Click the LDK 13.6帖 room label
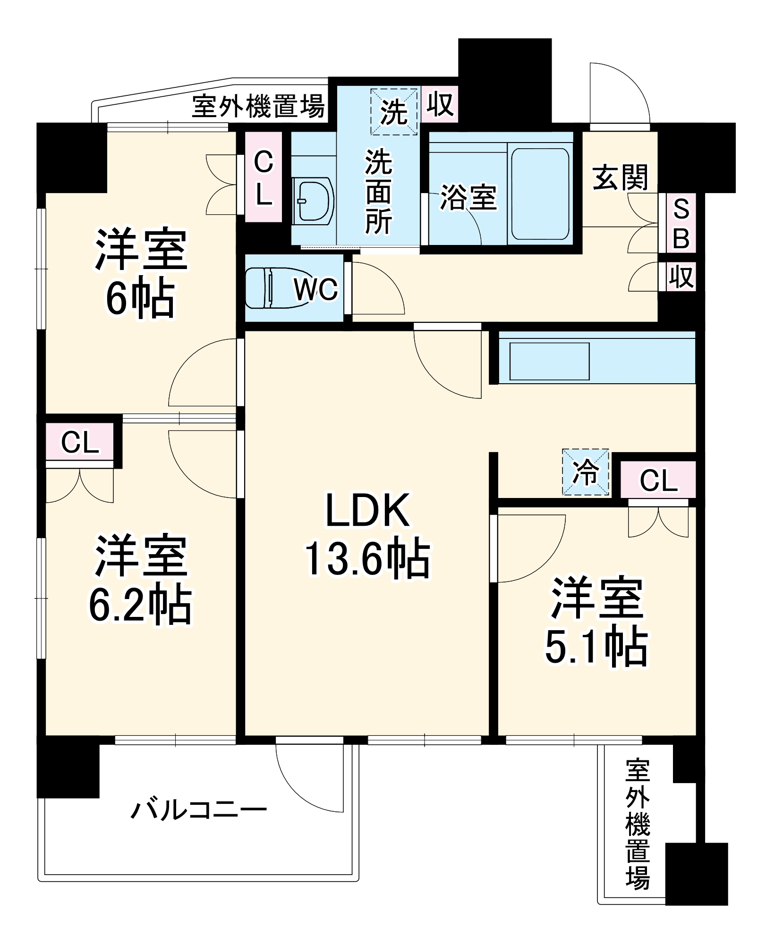coord(367,535)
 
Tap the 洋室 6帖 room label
coord(141,273)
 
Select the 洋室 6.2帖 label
coord(141,580)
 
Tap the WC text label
coord(315,289)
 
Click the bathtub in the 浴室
coord(540,194)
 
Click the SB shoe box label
coord(681,223)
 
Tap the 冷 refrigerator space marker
coord(586,472)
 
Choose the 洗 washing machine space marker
coord(394,111)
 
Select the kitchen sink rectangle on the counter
coord(549,361)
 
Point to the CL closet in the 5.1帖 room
coord(658,480)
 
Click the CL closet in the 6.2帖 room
coord(80,442)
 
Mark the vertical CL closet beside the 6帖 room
coord(263,177)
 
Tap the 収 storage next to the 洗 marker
coord(440,105)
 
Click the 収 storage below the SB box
coord(681,277)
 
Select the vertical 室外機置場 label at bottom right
coord(638,824)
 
